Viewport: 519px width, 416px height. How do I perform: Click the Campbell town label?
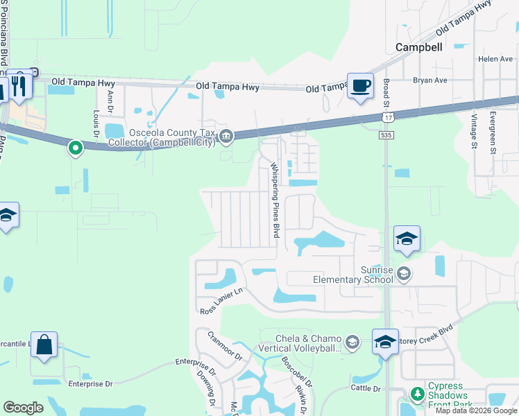pos(418,47)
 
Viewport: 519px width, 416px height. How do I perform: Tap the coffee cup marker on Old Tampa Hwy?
pos(359,87)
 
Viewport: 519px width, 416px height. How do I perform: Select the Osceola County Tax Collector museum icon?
pos(226,137)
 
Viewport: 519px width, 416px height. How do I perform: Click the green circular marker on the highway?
pos(76,147)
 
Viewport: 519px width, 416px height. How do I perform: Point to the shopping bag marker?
pos(44,345)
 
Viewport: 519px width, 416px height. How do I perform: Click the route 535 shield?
pos(386,136)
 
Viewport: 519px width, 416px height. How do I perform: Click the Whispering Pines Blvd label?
pos(275,200)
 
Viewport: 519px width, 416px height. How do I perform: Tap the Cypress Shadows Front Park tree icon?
pos(417,395)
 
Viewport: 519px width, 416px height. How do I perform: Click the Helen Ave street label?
pos(495,60)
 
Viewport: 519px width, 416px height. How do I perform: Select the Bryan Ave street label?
pos(430,80)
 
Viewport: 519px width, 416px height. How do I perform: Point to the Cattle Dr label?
pos(366,388)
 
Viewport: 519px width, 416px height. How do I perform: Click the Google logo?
pos(24,408)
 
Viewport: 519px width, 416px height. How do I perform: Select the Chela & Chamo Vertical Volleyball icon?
pos(352,341)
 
